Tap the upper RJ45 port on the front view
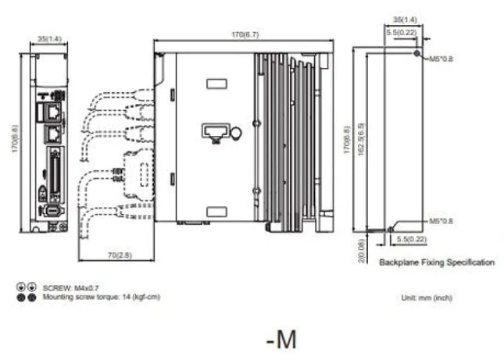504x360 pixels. coord(52,111)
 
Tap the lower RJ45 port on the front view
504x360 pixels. coord(52,134)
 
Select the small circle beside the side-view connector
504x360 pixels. coord(236,134)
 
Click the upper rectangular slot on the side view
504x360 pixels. coord(216,83)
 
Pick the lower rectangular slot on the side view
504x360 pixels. coord(216,209)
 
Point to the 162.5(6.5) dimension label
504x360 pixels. coord(360,141)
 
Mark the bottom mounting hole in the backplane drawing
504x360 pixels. coord(390,229)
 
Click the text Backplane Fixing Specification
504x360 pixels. coord(436,262)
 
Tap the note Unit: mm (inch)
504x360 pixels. coord(426,298)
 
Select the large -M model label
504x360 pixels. coord(281,339)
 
